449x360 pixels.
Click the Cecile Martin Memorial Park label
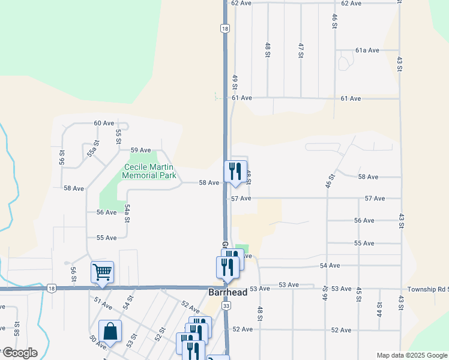(149, 172)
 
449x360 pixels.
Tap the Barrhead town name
(228, 292)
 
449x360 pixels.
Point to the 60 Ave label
(104, 123)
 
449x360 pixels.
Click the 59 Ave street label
(140, 150)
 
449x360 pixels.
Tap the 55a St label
(91, 148)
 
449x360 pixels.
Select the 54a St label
(127, 212)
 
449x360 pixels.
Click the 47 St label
(301, 50)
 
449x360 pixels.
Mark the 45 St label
(358, 295)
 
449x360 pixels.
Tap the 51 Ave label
(103, 305)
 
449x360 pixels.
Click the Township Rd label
(427, 289)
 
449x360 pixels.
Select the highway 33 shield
(226, 306)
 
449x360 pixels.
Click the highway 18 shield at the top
(224, 28)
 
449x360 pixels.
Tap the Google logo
(19, 352)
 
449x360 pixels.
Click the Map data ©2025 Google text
(412, 355)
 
